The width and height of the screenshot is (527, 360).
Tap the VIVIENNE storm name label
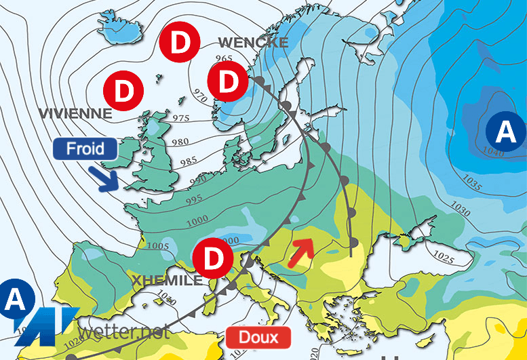tap(75, 113)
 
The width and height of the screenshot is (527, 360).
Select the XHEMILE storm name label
tap(167, 280)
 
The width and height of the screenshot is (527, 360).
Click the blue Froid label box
tap(85, 148)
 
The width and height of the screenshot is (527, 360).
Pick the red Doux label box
tap(258, 336)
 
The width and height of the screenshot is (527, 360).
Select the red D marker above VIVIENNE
tap(122, 90)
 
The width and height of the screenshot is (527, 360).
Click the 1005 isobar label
tap(157, 227)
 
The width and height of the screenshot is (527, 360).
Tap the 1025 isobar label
tap(444, 258)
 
